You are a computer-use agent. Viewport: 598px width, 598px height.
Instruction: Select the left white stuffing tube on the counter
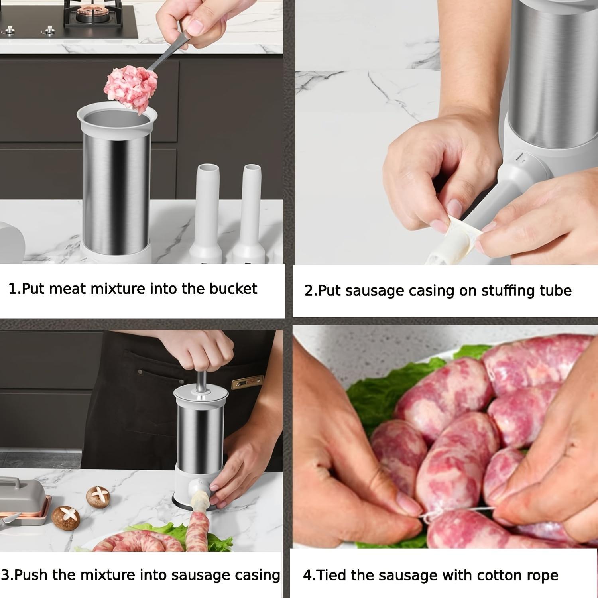tap(206, 211)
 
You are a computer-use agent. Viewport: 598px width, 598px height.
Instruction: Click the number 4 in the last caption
tap(307, 576)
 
